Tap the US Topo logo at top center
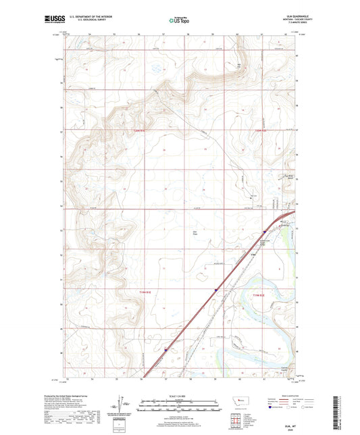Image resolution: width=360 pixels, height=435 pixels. (178, 21)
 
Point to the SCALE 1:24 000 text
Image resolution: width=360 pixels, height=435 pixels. (180, 396)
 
